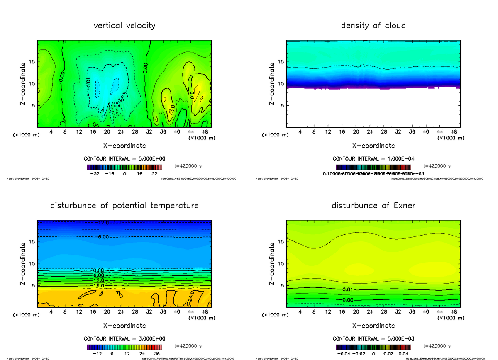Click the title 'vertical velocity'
124,26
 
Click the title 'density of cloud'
373,26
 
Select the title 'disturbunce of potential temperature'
124,206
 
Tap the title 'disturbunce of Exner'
373,206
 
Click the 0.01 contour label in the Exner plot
348,289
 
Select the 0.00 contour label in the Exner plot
348,300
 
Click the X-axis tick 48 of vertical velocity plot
205,132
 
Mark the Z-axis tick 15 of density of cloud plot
281,62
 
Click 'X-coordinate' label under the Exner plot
373,326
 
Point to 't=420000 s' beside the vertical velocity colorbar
188,166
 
